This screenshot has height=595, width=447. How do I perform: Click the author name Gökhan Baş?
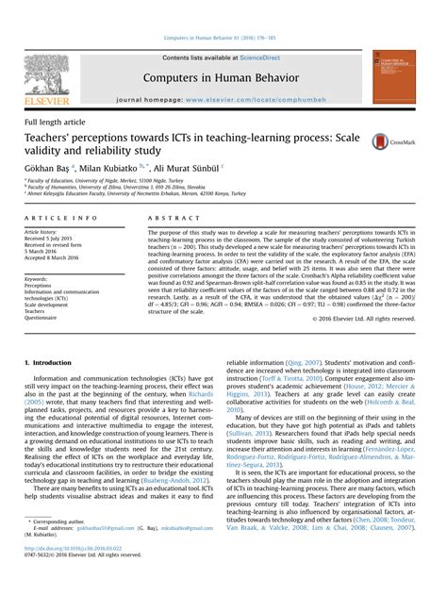(x=46, y=166)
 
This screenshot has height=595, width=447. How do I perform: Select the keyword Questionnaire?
(x=44, y=318)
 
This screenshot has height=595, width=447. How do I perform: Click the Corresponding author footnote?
(x=59, y=546)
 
